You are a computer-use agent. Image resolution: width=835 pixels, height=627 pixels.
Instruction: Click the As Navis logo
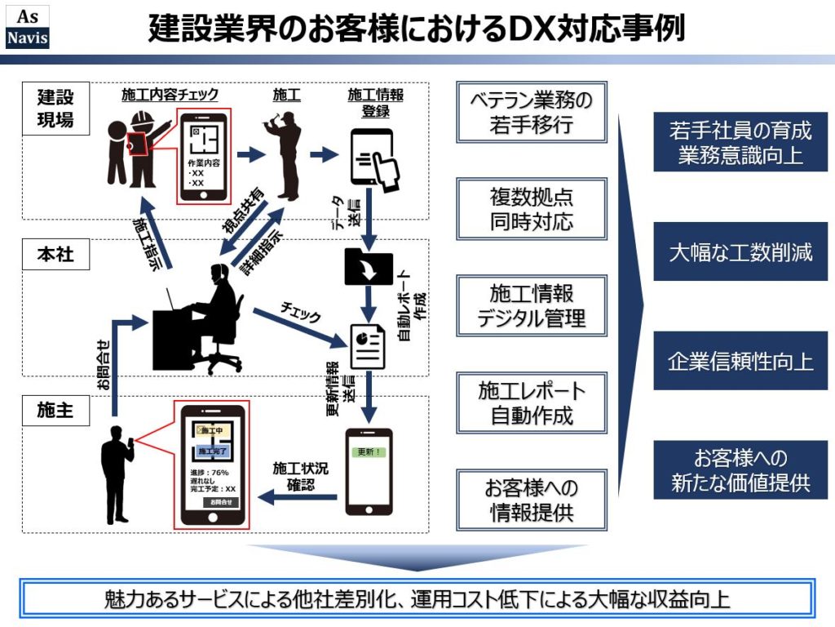[x=27, y=27]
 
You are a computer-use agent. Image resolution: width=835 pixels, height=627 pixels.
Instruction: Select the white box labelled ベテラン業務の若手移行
[x=532, y=112]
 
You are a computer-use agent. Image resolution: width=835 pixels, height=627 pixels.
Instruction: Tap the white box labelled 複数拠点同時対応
[x=532, y=209]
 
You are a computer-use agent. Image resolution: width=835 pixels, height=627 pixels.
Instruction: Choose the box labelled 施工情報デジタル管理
[x=532, y=305]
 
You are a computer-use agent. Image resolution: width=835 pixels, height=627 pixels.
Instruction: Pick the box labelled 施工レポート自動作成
[x=532, y=402]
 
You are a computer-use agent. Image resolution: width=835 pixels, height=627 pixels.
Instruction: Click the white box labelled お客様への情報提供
[x=532, y=500]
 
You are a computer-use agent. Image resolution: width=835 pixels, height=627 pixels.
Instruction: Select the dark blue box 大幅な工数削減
[x=740, y=252]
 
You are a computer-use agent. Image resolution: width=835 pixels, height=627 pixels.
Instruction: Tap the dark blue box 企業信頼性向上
[x=740, y=361]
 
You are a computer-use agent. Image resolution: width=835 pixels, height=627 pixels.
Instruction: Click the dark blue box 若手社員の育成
[x=740, y=142]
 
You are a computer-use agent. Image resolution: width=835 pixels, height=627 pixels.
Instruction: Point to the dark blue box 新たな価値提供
[x=740, y=469]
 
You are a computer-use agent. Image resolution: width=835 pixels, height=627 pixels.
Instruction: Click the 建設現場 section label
[x=55, y=108]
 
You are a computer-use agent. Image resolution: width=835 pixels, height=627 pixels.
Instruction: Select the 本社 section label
[x=55, y=255]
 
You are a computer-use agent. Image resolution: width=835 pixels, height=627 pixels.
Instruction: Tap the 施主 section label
[x=55, y=411]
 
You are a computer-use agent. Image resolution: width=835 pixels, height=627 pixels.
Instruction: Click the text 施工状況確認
[x=300, y=477]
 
